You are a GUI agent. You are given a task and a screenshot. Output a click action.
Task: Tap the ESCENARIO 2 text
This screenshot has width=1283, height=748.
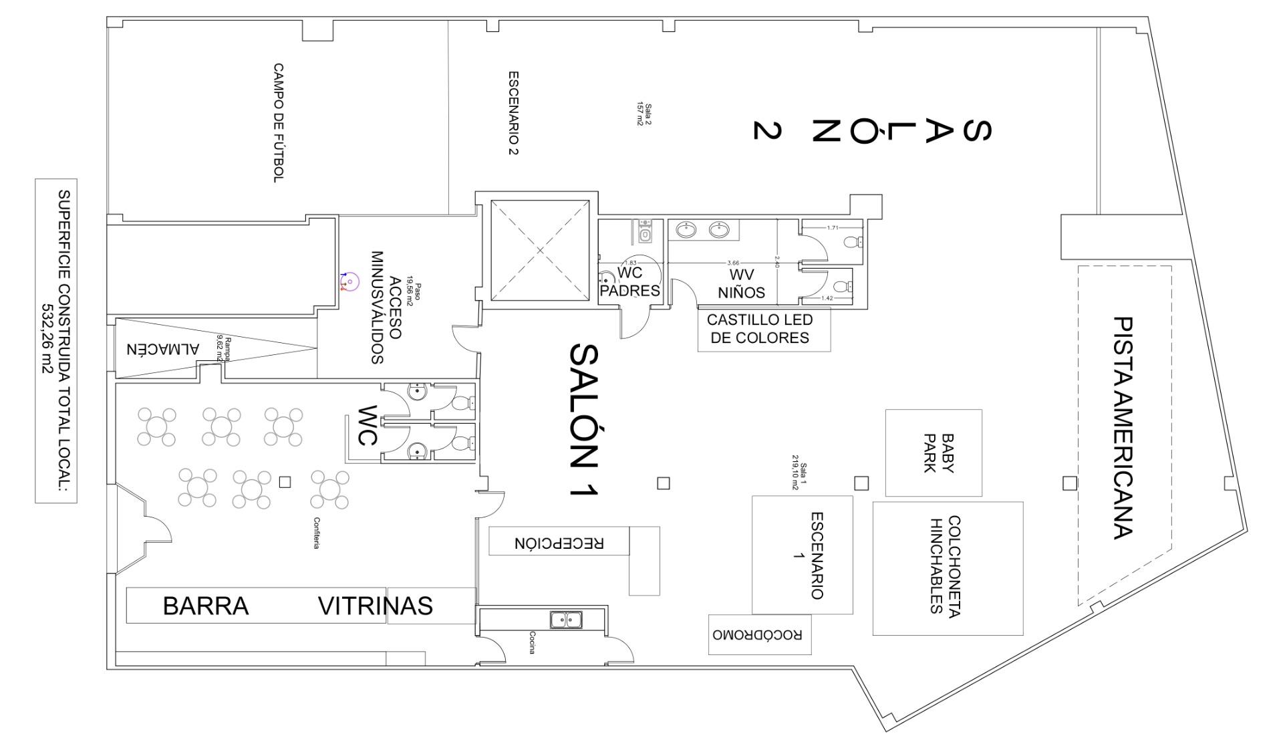(513, 113)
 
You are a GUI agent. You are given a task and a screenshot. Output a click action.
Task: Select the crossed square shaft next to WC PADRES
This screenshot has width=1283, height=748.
(540, 251)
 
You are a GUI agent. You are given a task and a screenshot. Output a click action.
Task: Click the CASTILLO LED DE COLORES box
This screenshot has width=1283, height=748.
(764, 329)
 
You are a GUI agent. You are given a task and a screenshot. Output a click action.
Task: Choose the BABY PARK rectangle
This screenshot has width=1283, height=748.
(934, 453)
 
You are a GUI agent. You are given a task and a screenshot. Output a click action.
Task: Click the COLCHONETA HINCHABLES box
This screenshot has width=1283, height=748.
(947, 568)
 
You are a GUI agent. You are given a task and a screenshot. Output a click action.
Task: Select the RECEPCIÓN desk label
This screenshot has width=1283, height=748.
(559, 542)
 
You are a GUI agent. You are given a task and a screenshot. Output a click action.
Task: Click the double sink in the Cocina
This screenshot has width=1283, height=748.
(566, 620)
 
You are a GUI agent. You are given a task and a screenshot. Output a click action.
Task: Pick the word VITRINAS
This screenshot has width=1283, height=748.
(375, 606)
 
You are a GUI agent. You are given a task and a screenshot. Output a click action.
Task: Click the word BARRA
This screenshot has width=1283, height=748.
(206, 606)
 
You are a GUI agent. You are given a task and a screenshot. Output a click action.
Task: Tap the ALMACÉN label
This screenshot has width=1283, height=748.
(163, 349)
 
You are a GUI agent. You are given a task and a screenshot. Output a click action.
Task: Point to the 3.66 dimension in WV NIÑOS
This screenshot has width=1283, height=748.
(733, 263)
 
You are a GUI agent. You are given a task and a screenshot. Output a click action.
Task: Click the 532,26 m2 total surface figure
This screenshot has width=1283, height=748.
(48, 341)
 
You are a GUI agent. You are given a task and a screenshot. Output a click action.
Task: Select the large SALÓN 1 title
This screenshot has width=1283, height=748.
(583, 420)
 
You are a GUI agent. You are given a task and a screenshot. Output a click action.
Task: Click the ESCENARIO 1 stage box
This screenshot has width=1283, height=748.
(802, 555)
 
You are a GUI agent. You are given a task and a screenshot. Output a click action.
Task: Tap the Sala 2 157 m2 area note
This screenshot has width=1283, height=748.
(644, 115)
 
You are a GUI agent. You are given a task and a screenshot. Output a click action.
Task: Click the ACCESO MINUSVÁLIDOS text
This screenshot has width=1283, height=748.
(386, 307)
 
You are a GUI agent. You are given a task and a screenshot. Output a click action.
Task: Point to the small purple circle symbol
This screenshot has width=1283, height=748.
(349, 281)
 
